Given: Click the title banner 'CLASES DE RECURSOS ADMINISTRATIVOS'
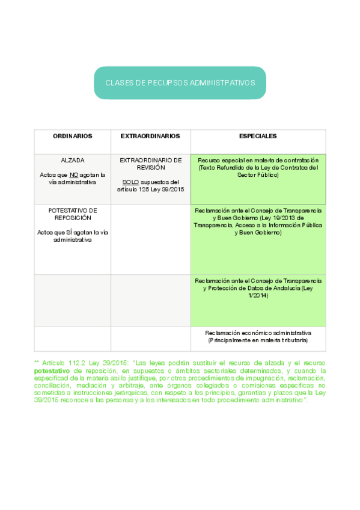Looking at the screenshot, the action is pyautogui.click(x=180, y=82).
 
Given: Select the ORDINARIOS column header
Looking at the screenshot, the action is pyautogui.click(x=72, y=137).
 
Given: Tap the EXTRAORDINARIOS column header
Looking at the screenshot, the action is pyautogui.click(x=150, y=137).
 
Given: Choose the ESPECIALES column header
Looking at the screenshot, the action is pyautogui.click(x=258, y=137).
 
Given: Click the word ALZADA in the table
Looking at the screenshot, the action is pyautogui.click(x=72, y=161).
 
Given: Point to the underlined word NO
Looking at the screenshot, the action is pyautogui.click(x=74, y=174).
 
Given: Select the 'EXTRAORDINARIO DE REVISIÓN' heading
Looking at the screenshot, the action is pyautogui.click(x=150, y=164).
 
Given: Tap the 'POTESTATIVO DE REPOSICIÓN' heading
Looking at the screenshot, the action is pyautogui.click(x=72, y=214).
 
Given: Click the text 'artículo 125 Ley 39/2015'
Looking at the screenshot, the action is pyautogui.click(x=151, y=189).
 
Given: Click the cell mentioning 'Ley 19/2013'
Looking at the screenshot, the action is pyautogui.click(x=258, y=221).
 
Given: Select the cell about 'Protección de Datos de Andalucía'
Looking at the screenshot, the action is pyautogui.click(x=258, y=287).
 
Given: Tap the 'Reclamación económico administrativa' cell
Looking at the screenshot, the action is pyautogui.click(x=258, y=333).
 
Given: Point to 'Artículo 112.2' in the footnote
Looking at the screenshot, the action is pyautogui.click(x=63, y=363).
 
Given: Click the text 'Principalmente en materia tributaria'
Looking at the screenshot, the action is pyautogui.click(x=258, y=340).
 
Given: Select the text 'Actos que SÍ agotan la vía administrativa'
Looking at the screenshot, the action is pyautogui.click(x=72, y=236).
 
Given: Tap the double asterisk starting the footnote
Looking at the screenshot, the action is pyautogui.click(x=37, y=363).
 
